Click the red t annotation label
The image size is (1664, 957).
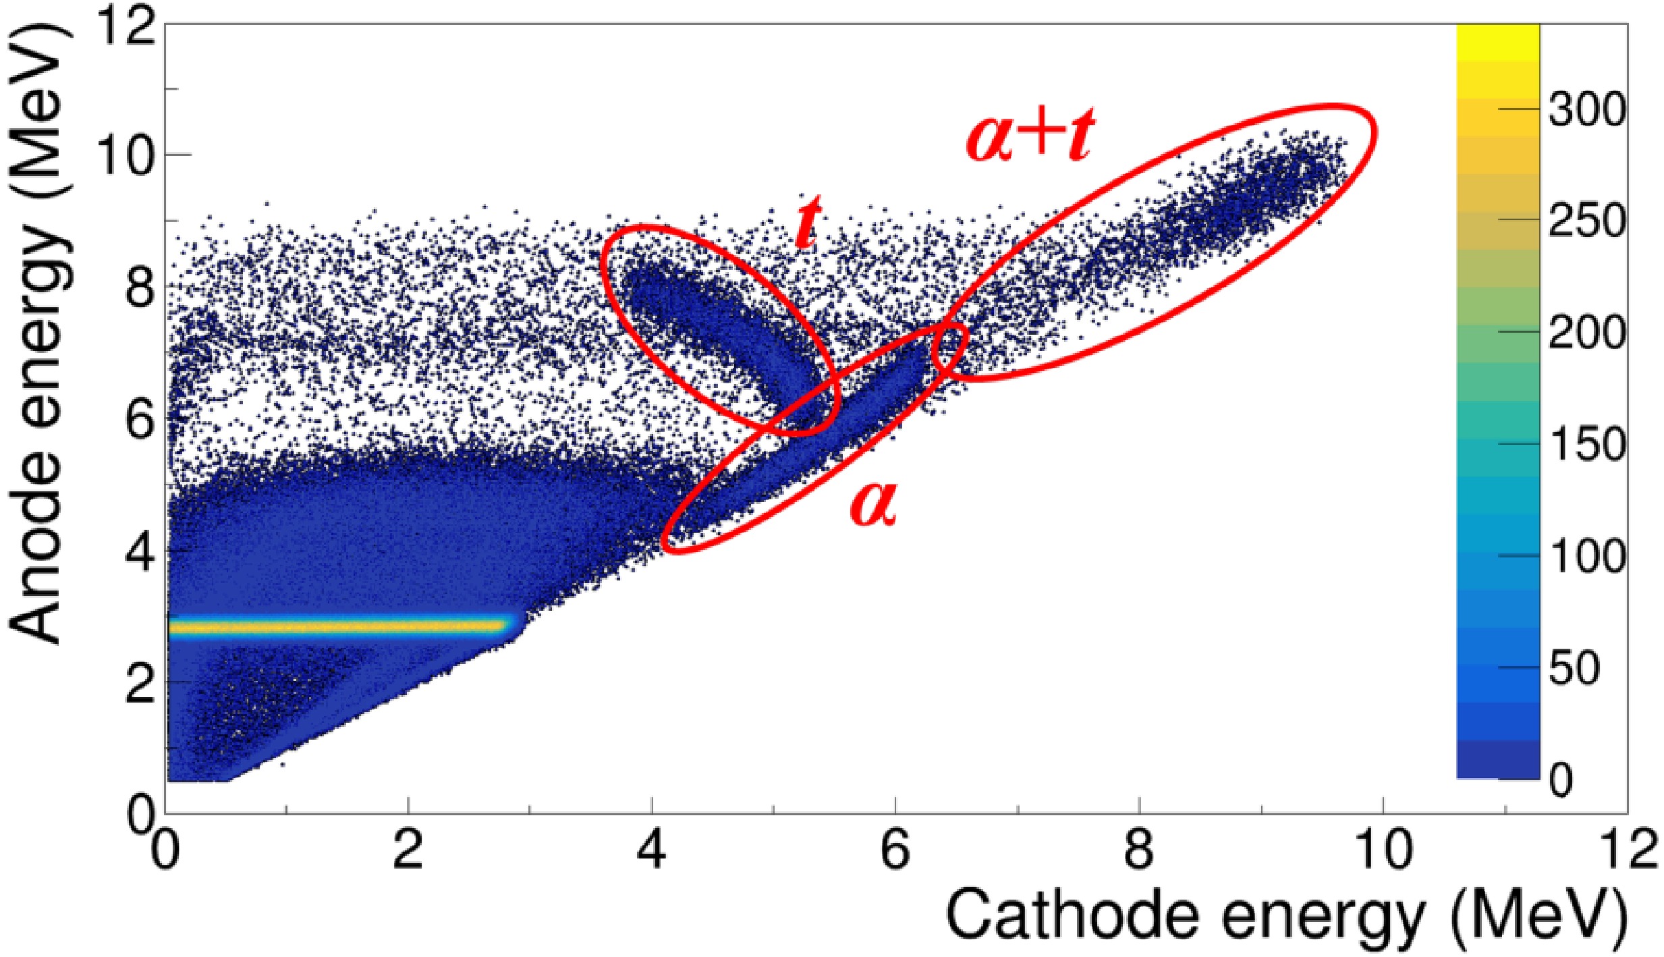pos(808,222)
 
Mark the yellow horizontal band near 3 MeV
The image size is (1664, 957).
pos(337,627)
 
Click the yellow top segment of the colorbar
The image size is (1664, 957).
pos(1498,40)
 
